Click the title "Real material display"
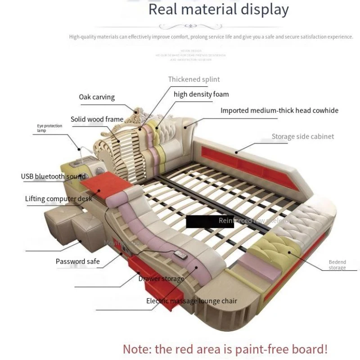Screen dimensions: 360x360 [x=218, y=9]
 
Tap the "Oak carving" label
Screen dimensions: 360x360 [x=97, y=97]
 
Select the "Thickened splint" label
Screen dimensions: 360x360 [x=194, y=79]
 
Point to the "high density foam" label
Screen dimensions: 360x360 [x=201, y=94]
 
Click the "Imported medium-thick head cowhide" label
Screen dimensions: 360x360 [x=279, y=110]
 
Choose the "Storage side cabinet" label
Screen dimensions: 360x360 [x=302, y=136]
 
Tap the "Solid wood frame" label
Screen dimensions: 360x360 [x=97, y=119]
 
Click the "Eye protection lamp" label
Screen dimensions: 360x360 [x=49, y=128]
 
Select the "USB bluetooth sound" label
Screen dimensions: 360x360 [x=53, y=176]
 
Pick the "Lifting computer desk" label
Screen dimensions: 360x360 [x=58, y=198]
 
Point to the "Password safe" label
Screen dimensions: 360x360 [x=77, y=261]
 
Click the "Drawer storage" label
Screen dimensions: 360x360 [x=161, y=279]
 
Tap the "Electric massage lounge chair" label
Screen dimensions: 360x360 [x=191, y=301]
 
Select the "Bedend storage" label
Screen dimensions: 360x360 [x=337, y=265]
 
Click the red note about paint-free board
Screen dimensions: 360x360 [x=225, y=348]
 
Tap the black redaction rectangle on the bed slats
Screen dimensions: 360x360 [x=202, y=220]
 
